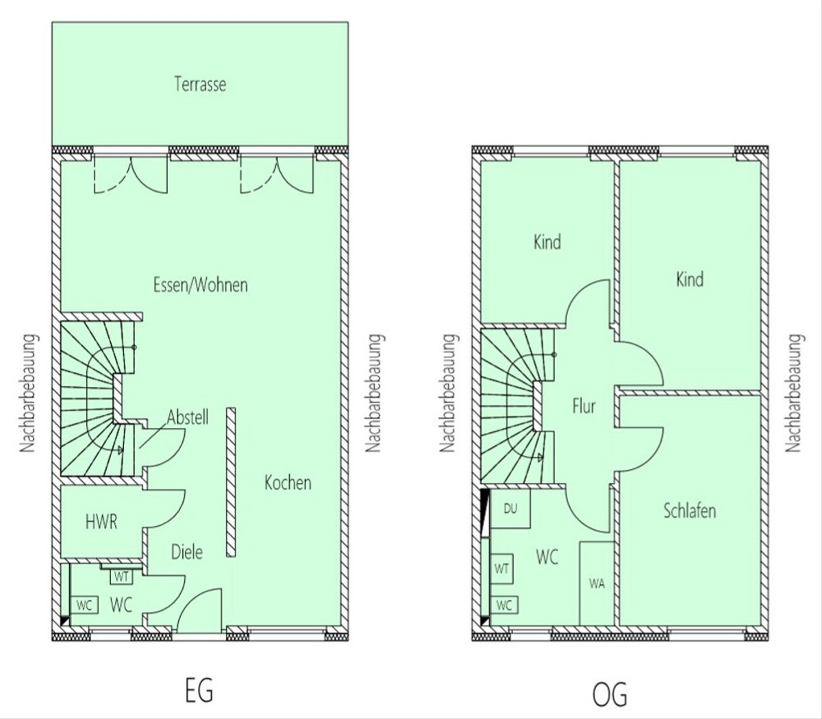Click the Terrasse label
pos(200,84)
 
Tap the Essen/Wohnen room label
pos(201,285)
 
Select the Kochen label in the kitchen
pos(288,482)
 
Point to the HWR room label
pos(101,522)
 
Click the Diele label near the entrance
pos(187,552)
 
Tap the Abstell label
pos(188,417)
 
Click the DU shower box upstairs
pos(510,509)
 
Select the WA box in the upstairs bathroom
pos(597,583)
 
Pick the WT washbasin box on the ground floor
pos(121,577)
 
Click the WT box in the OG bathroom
pos(502,569)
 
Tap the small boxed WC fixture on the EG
pos(84,605)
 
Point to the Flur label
pos(584,406)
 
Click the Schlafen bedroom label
pos(689,511)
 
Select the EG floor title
pos(199,690)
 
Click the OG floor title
pos(610,694)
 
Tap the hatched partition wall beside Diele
pos(231,482)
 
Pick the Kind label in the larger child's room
pos(689,279)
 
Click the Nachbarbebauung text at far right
pos(793,393)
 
